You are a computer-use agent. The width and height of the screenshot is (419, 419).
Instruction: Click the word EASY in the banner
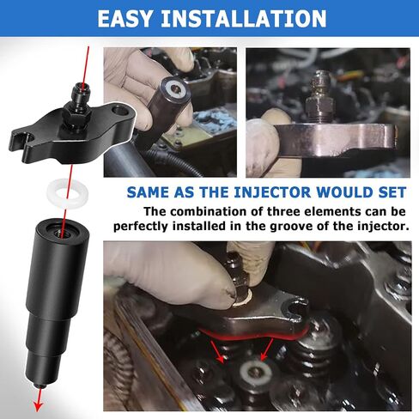(124, 19)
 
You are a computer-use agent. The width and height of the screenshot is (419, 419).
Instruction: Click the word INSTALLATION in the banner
(244, 19)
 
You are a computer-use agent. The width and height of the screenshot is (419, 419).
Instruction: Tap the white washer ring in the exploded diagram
(68, 193)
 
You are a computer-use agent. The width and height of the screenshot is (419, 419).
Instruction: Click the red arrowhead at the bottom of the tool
(38, 405)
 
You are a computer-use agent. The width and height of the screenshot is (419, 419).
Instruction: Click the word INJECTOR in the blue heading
(272, 192)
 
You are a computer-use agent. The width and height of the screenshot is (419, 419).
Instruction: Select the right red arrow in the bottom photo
(267, 349)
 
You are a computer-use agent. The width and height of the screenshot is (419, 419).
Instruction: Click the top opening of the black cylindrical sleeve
(62, 232)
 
